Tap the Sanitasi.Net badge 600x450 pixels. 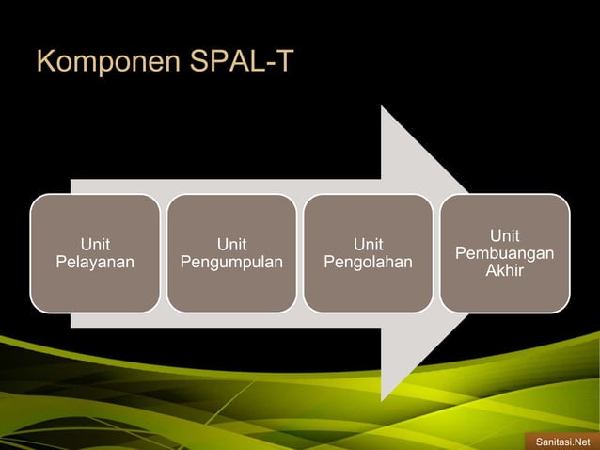click(x=561, y=440)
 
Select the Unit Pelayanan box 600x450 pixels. click(x=94, y=252)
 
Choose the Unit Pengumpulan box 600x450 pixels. click(x=231, y=252)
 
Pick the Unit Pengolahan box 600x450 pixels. click(x=368, y=252)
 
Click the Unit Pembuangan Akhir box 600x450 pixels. click(x=504, y=252)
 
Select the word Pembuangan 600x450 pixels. click(x=504, y=254)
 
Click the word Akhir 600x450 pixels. click(x=504, y=271)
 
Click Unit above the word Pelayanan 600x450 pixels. click(x=94, y=244)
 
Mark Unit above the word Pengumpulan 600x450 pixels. click(x=231, y=244)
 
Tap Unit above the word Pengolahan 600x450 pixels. click(x=368, y=244)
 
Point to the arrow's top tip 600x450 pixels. click(x=382, y=107)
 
